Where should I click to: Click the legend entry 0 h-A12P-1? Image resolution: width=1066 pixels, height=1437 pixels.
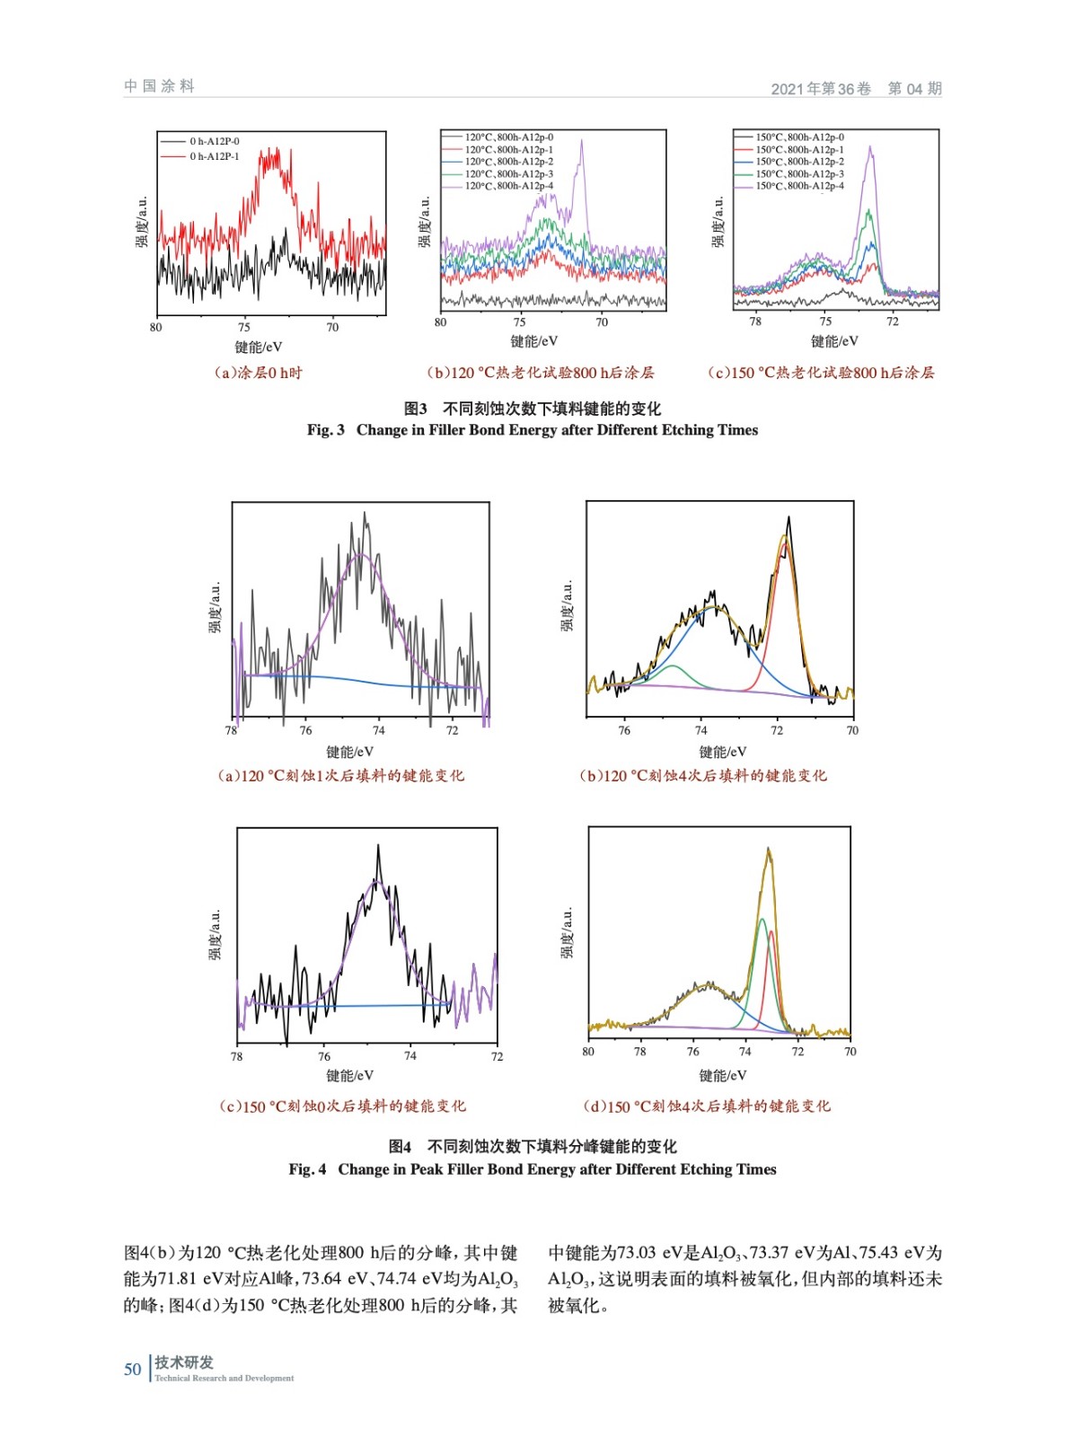[214, 156]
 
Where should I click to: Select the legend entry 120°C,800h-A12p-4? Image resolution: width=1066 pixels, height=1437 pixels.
[508, 186]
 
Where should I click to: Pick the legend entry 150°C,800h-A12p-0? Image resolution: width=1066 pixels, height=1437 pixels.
[799, 137]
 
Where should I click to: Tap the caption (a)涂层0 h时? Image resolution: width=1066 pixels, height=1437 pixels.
[258, 373]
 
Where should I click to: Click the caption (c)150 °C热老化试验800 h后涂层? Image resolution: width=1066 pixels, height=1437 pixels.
[821, 373]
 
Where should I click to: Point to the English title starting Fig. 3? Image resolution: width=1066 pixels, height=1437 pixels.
[532, 430]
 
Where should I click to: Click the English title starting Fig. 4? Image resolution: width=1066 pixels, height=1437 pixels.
[532, 1169]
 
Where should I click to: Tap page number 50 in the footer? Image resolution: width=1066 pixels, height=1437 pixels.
[133, 1370]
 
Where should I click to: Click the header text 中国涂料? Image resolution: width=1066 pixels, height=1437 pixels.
[159, 86]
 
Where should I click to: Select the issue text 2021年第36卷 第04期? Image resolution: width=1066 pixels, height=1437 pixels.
[856, 89]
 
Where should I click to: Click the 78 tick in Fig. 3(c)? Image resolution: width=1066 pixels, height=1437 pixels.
[755, 322]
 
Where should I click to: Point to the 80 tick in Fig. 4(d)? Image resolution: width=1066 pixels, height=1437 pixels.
[588, 1052]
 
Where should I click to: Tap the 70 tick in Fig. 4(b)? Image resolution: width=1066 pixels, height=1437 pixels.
[852, 731]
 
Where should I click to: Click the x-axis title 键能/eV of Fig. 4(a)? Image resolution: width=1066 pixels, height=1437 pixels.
[349, 752]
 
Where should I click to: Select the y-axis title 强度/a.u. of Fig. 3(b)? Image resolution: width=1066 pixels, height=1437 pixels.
[425, 222]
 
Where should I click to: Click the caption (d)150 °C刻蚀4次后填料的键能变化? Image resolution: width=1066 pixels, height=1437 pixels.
[707, 1106]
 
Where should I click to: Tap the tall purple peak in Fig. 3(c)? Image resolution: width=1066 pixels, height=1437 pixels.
[869, 148]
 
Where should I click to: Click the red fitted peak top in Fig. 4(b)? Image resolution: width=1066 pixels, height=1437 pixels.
[785, 543]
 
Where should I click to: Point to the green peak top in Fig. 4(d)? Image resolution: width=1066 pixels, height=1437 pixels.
[762, 920]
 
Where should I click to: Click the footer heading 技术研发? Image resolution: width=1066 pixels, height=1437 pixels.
[184, 1362]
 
